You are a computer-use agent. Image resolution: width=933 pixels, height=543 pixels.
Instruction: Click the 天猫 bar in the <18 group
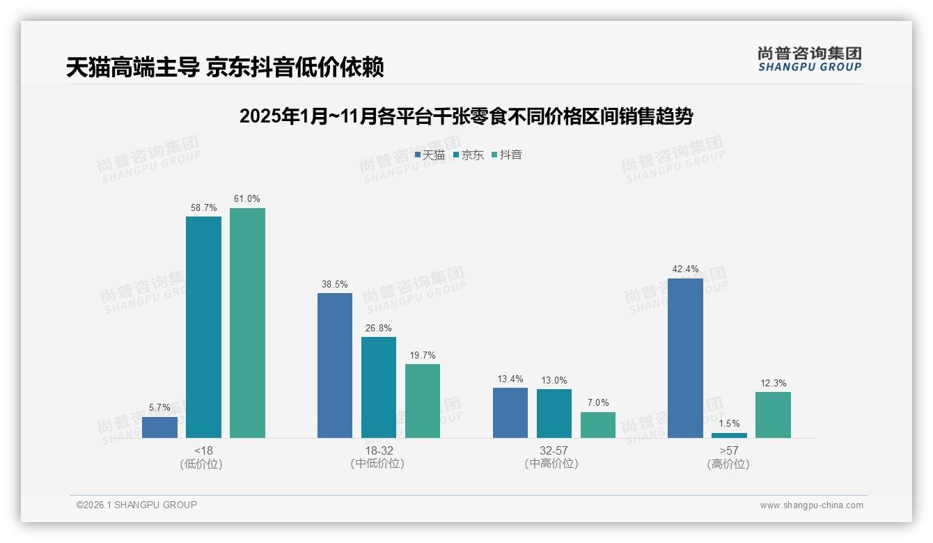(159, 427)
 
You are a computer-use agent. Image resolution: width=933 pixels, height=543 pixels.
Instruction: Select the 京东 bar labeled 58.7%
(203, 327)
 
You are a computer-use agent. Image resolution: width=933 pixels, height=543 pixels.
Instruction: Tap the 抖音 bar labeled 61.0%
(247, 323)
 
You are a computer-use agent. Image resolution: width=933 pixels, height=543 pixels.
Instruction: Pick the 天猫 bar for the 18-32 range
(335, 365)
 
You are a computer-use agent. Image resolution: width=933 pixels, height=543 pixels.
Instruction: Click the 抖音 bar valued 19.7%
(423, 401)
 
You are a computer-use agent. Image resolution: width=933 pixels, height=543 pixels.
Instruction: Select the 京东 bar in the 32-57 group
(554, 414)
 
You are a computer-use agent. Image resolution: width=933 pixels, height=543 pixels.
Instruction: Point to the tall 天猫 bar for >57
(685, 358)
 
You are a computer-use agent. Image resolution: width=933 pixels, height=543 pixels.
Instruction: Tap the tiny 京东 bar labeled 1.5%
(729, 435)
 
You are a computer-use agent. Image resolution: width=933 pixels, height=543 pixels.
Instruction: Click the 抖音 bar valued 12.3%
(773, 415)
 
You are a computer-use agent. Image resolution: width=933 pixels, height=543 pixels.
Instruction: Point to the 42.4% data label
(685, 269)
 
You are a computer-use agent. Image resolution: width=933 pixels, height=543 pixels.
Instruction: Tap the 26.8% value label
(379, 328)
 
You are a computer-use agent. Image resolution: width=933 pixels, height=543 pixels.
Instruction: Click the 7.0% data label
(598, 402)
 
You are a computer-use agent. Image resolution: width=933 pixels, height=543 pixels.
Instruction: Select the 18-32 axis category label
(377, 450)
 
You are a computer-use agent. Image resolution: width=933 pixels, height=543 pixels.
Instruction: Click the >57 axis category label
(728, 450)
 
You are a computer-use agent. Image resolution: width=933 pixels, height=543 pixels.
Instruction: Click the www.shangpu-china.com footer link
(811, 505)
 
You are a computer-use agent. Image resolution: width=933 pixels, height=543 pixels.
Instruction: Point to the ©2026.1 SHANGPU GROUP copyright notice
(136, 505)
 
